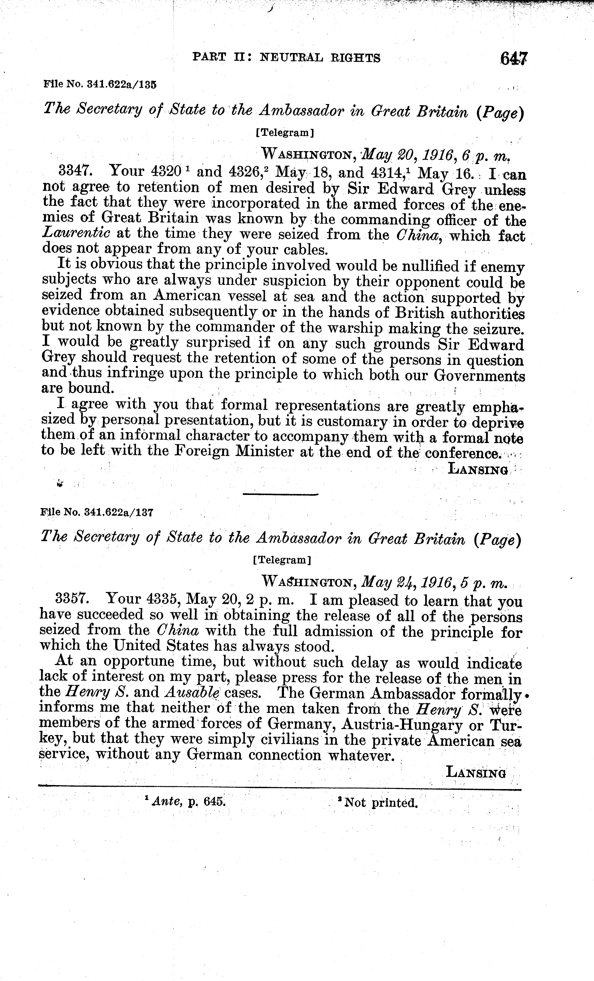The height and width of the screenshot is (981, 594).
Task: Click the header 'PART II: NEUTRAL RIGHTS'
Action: pyautogui.click(x=286, y=58)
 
